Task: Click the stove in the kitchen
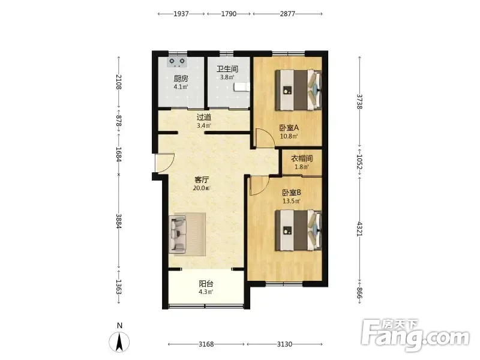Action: coord(177,62)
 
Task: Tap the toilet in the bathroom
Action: coord(242,87)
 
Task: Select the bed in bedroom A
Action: coord(298,90)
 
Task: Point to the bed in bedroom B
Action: coord(298,230)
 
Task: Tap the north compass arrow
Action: coord(119,342)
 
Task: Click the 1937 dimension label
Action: coord(181,14)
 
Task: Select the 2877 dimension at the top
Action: coord(287,14)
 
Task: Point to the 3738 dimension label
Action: coord(359,101)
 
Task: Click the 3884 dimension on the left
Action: coord(119,221)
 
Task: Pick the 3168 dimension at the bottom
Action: coord(206,344)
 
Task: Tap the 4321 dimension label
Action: coord(359,229)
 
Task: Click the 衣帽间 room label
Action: coord(302,158)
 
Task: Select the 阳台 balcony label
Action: coord(206,283)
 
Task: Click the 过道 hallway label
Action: coord(204,117)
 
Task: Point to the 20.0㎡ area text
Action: coord(202,188)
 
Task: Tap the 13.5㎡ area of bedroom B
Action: coord(292,201)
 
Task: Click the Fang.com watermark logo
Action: coord(415,335)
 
